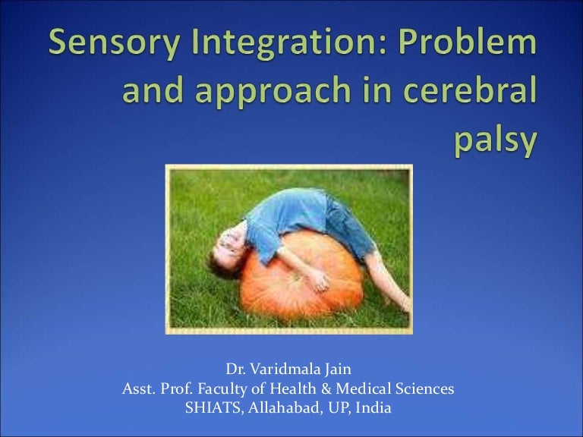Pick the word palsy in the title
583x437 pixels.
(x=496, y=140)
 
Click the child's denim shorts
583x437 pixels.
(x=349, y=228)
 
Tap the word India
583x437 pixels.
(x=373, y=408)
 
